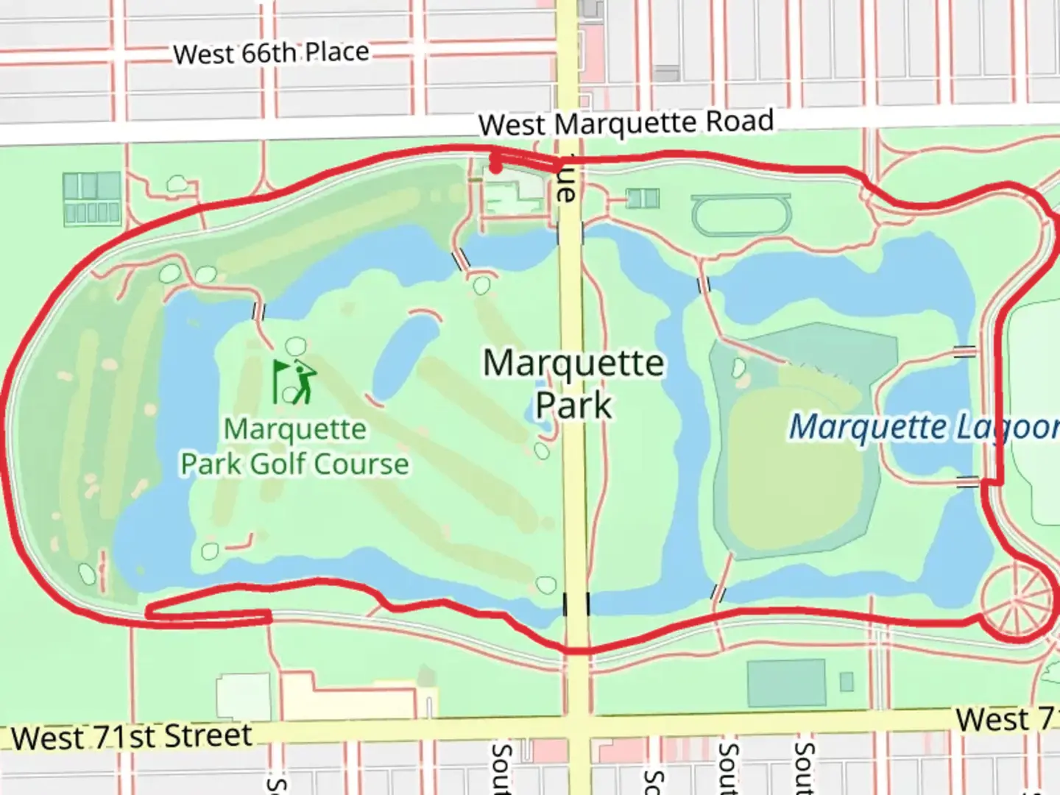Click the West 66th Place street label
(x=271, y=53)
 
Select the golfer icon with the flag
(x=295, y=381)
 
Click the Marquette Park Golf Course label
(x=294, y=447)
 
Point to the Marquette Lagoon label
(x=924, y=427)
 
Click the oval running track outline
(x=741, y=215)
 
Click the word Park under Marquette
(x=573, y=406)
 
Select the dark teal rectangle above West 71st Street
(x=786, y=683)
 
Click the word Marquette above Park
(x=573, y=364)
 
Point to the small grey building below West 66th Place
(x=666, y=74)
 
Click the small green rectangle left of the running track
(x=643, y=198)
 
